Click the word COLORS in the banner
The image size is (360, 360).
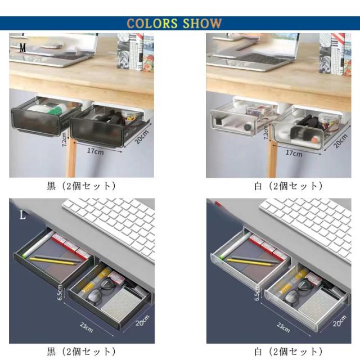click(x=152, y=24)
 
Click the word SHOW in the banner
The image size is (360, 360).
click(x=202, y=24)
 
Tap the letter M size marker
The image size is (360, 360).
click(x=22, y=48)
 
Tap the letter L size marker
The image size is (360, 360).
click(x=22, y=215)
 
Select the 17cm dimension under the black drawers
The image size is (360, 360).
click(x=95, y=151)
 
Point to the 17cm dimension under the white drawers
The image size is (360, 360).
click(x=294, y=153)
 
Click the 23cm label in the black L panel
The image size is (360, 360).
click(x=86, y=327)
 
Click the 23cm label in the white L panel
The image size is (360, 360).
click(x=283, y=327)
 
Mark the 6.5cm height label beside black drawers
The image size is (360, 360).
click(x=60, y=292)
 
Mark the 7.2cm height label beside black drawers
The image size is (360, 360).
click(x=65, y=139)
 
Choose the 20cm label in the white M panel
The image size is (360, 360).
click(x=340, y=141)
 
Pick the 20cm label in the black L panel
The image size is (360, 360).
click(x=142, y=321)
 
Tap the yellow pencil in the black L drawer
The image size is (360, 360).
click(x=53, y=261)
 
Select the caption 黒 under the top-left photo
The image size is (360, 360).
click(x=51, y=186)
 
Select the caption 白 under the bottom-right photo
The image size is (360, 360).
click(x=258, y=352)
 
